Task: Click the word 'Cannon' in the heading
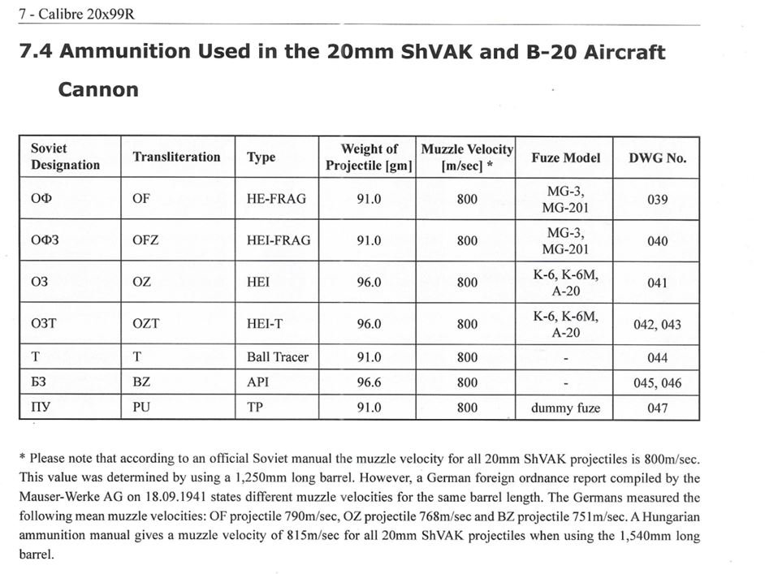pyautogui.click(x=97, y=89)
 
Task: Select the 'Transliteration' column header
pyautogui.click(x=176, y=157)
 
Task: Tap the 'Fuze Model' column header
pyautogui.click(x=565, y=158)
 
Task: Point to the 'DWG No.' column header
pyautogui.click(x=657, y=158)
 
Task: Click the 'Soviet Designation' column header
pyautogui.click(x=65, y=157)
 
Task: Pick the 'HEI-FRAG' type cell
pyautogui.click(x=278, y=240)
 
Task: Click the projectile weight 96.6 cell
pyautogui.click(x=369, y=382)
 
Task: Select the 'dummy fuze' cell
pyautogui.click(x=565, y=408)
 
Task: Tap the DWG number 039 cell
pyautogui.click(x=657, y=199)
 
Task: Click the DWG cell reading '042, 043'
pyautogui.click(x=657, y=325)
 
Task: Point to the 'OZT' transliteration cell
pyautogui.click(x=146, y=324)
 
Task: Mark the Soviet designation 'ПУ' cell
pyautogui.click(x=41, y=408)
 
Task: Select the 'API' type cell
pyautogui.click(x=257, y=382)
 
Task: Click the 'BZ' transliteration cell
pyautogui.click(x=141, y=382)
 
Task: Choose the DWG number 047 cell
pyautogui.click(x=657, y=408)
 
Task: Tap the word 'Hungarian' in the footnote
pyautogui.click(x=646, y=517)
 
